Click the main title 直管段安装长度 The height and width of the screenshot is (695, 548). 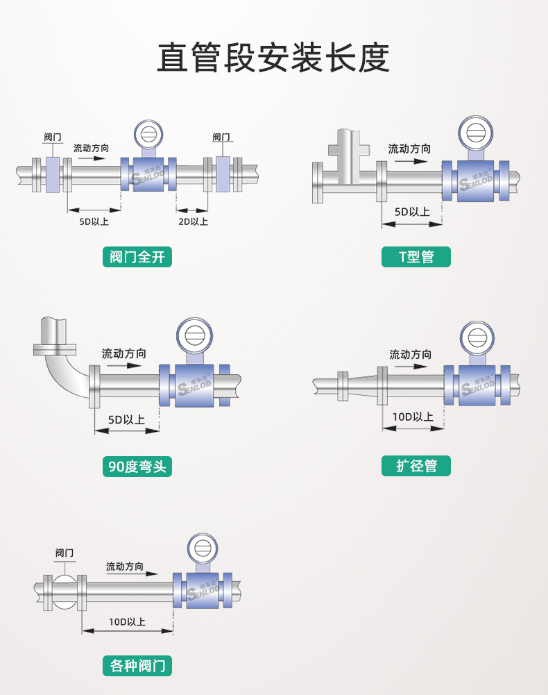click(273, 58)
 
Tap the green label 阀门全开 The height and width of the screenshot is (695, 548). click(137, 257)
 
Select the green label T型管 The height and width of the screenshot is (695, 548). click(416, 257)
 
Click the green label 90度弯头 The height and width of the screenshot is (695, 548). click(137, 467)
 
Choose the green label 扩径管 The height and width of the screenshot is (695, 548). click(416, 466)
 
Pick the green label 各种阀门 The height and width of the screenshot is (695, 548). click(137, 666)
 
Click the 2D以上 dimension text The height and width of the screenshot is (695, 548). click(193, 221)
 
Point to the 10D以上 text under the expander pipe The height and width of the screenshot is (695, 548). click(413, 417)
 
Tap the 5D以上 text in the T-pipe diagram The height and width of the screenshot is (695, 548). click(413, 212)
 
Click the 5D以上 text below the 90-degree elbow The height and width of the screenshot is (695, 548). click(126, 419)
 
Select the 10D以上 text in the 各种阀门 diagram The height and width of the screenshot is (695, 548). click(127, 622)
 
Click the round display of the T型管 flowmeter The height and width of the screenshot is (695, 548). click(476, 133)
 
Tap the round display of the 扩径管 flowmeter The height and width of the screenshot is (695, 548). click(477, 338)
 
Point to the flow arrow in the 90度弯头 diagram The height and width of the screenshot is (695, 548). click(124, 366)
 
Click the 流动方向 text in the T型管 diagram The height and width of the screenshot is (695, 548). click(409, 149)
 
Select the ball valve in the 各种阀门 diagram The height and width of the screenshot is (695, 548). click(65, 592)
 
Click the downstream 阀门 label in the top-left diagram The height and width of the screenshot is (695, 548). click(221, 137)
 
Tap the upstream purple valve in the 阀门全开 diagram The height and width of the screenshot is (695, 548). click(53, 175)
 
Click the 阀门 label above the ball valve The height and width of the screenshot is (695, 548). click(65, 553)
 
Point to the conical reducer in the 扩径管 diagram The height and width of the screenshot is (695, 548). click(363, 386)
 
